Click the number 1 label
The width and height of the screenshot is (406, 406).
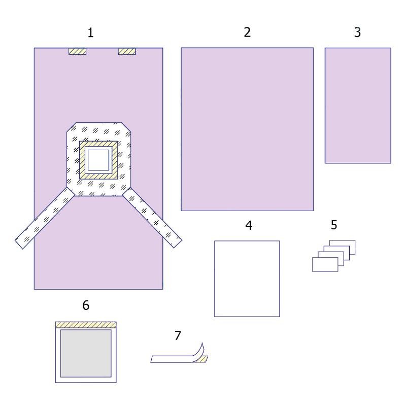(x=90, y=33)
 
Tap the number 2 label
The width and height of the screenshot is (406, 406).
(x=247, y=32)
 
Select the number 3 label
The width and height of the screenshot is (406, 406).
(x=358, y=32)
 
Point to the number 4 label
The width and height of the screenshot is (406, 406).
(x=249, y=225)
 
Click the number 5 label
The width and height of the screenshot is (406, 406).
(x=334, y=225)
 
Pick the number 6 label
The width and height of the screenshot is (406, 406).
(x=86, y=306)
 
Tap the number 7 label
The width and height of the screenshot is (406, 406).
(x=178, y=335)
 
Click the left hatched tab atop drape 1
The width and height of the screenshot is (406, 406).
(x=78, y=51)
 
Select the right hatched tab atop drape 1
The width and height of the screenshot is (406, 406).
(x=127, y=51)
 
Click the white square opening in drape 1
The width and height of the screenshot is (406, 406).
(x=98, y=160)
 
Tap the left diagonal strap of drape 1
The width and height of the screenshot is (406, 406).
(x=45, y=218)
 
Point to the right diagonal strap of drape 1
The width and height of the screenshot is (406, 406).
(x=152, y=218)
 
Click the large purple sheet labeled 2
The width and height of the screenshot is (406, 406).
(x=247, y=129)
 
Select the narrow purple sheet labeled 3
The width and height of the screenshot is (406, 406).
(x=358, y=106)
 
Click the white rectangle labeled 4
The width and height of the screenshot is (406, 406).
(x=247, y=279)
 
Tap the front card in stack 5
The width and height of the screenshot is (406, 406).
(x=325, y=264)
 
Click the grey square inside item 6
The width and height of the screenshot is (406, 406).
(x=86, y=353)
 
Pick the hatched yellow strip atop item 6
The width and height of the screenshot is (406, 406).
(x=86, y=325)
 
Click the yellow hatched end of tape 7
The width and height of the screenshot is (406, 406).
(x=201, y=359)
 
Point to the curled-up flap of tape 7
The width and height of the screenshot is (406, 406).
(x=198, y=352)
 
